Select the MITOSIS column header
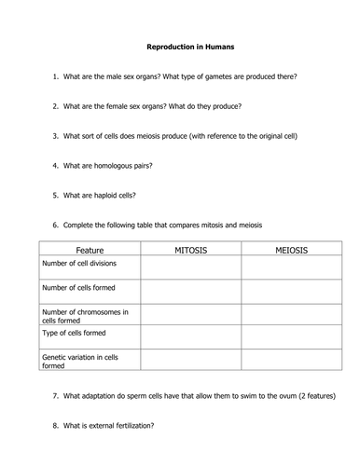point(191,250)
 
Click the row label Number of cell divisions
point(82,265)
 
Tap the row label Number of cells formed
point(79,288)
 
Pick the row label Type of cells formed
point(75,332)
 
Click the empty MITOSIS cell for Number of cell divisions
point(191,267)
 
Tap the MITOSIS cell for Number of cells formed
point(191,292)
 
